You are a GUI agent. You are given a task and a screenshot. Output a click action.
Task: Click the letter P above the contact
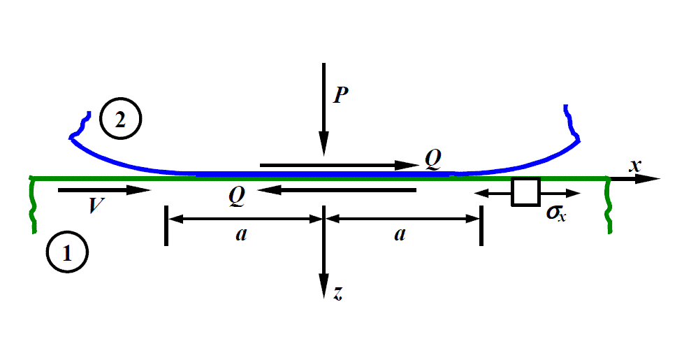[x=340, y=94]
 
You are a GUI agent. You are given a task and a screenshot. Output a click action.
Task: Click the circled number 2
[x=120, y=120]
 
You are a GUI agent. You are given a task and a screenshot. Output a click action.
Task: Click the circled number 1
[x=68, y=253]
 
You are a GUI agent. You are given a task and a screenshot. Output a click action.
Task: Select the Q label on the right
[x=433, y=160]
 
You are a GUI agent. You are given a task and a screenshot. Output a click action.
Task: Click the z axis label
[x=337, y=294]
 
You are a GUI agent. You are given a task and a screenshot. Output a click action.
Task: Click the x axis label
[x=634, y=166]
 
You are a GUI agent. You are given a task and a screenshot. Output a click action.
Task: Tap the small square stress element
[x=525, y=192]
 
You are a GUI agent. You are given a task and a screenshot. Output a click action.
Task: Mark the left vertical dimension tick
[x=166, y=225]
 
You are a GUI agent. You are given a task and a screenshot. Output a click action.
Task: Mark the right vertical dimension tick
[x=481, y=225]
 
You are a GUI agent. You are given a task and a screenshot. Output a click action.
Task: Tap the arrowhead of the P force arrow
[x=323, y=146]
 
